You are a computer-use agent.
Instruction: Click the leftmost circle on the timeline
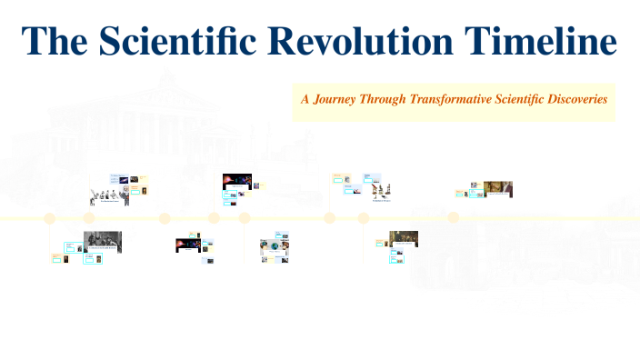[x=50, y=218]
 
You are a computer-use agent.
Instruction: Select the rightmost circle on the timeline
[x=454, y=218]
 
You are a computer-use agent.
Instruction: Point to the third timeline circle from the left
[x=165, y=218]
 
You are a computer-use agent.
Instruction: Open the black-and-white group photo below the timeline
[x=102, y=242]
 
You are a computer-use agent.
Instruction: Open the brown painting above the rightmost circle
[x=497, y=188]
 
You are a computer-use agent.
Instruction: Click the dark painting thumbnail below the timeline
[x=404, y=238]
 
